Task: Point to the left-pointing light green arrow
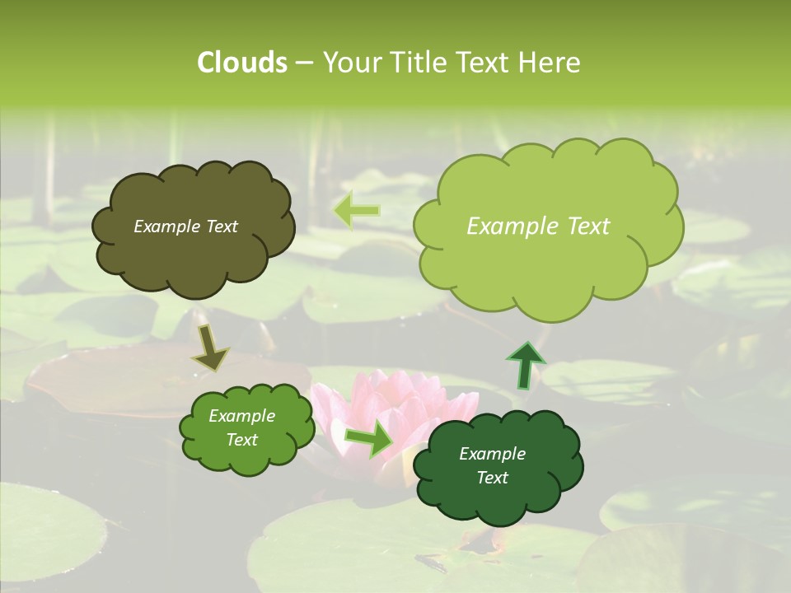click(356, 211)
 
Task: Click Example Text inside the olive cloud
click(185, 226)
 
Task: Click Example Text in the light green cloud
click(538, 226)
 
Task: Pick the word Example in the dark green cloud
click(492, 454)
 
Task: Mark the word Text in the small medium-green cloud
click(241, 440)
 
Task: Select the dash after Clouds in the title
click(303, 63)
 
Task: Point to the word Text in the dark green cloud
click(492, 478)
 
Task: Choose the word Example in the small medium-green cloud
click(241, 416)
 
